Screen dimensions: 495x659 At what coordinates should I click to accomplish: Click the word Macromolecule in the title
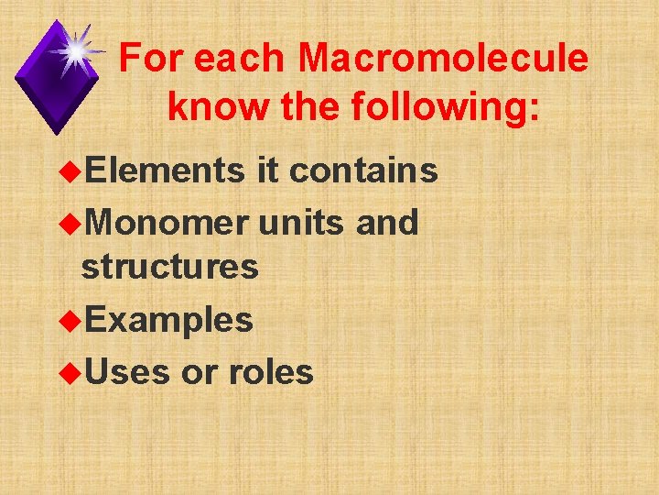[443, 59]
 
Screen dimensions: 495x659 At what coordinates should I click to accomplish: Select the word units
[302, 222]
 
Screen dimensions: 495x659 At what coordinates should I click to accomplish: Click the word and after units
[386, 222]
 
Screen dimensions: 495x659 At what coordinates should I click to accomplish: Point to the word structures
[169, 268]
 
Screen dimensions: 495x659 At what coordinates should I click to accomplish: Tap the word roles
[271, 372]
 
